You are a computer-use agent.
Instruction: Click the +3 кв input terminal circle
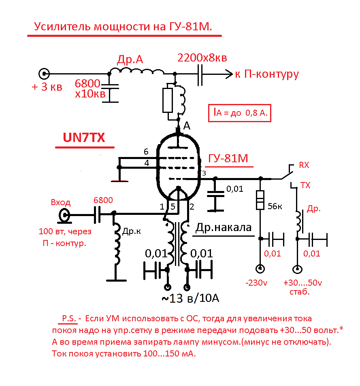(44, 74)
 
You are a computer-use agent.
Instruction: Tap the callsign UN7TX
(84, 138)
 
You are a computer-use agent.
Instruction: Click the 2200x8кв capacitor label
(202, 57)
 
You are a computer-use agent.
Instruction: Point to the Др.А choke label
(130, 59)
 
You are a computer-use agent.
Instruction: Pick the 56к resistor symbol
(260, 201)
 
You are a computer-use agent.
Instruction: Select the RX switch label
(304, 165)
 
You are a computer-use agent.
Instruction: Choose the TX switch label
(305, 185)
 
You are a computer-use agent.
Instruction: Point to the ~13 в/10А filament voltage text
(190, 299)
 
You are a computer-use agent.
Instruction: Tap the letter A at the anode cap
(186, 126)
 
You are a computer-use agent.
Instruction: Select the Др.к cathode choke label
(132, 232)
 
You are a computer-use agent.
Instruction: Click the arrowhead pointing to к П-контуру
(227, 74)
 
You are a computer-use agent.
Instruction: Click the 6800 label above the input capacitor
(103, 200)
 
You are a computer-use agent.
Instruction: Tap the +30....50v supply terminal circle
(298, 269)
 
